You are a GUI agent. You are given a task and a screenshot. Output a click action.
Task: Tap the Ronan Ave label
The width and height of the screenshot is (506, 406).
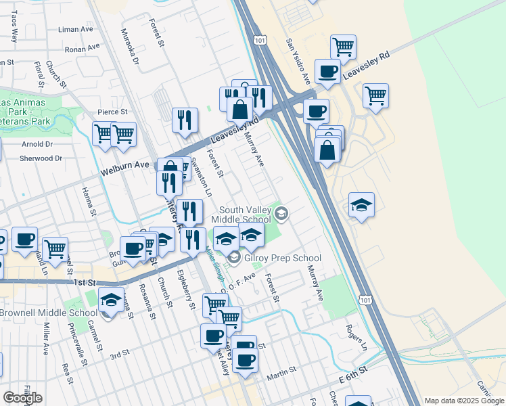click(82, 49)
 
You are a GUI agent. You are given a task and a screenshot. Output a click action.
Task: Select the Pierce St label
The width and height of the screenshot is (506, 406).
click(112, 112)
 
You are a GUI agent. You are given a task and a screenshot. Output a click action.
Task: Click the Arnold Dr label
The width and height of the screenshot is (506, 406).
click(37, 144)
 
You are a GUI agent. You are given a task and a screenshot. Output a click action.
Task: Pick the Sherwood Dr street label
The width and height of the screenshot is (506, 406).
click(41, 158)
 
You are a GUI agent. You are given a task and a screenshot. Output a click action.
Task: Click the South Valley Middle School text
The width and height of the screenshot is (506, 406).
click(241, 214)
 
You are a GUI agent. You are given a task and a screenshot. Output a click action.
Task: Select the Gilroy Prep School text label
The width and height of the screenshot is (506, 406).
click(282, 258)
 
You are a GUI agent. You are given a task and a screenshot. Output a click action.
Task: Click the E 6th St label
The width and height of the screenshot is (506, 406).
click(352, 373)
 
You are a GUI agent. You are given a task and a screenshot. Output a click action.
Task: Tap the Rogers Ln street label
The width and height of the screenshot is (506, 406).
click(356, 337)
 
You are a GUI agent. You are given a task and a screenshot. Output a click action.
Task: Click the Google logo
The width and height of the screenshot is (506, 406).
click(22, 398)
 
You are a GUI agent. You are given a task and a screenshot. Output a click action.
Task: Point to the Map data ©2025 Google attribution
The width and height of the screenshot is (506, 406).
click(463, 401)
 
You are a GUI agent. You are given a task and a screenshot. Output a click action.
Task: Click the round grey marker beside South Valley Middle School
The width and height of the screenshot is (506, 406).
click(281, 215)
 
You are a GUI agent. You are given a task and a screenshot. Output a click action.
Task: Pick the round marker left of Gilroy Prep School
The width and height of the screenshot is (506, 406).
click(234, 258)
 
